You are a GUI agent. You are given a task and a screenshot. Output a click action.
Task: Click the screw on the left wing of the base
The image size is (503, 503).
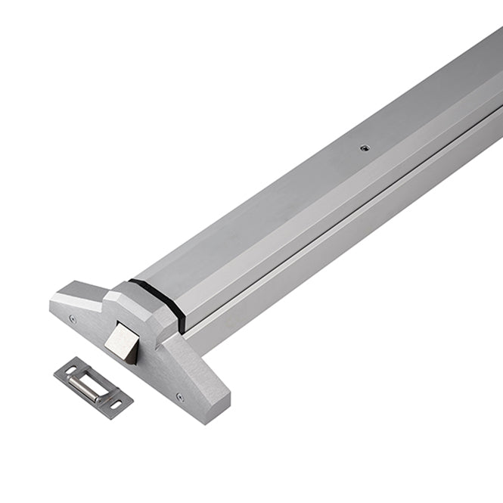[x=73, y=318]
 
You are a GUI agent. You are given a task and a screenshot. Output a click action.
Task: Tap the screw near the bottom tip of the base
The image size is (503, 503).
[x=180, y=396]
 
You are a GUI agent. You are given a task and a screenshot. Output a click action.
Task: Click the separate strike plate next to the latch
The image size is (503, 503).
[x=93, y=386]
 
